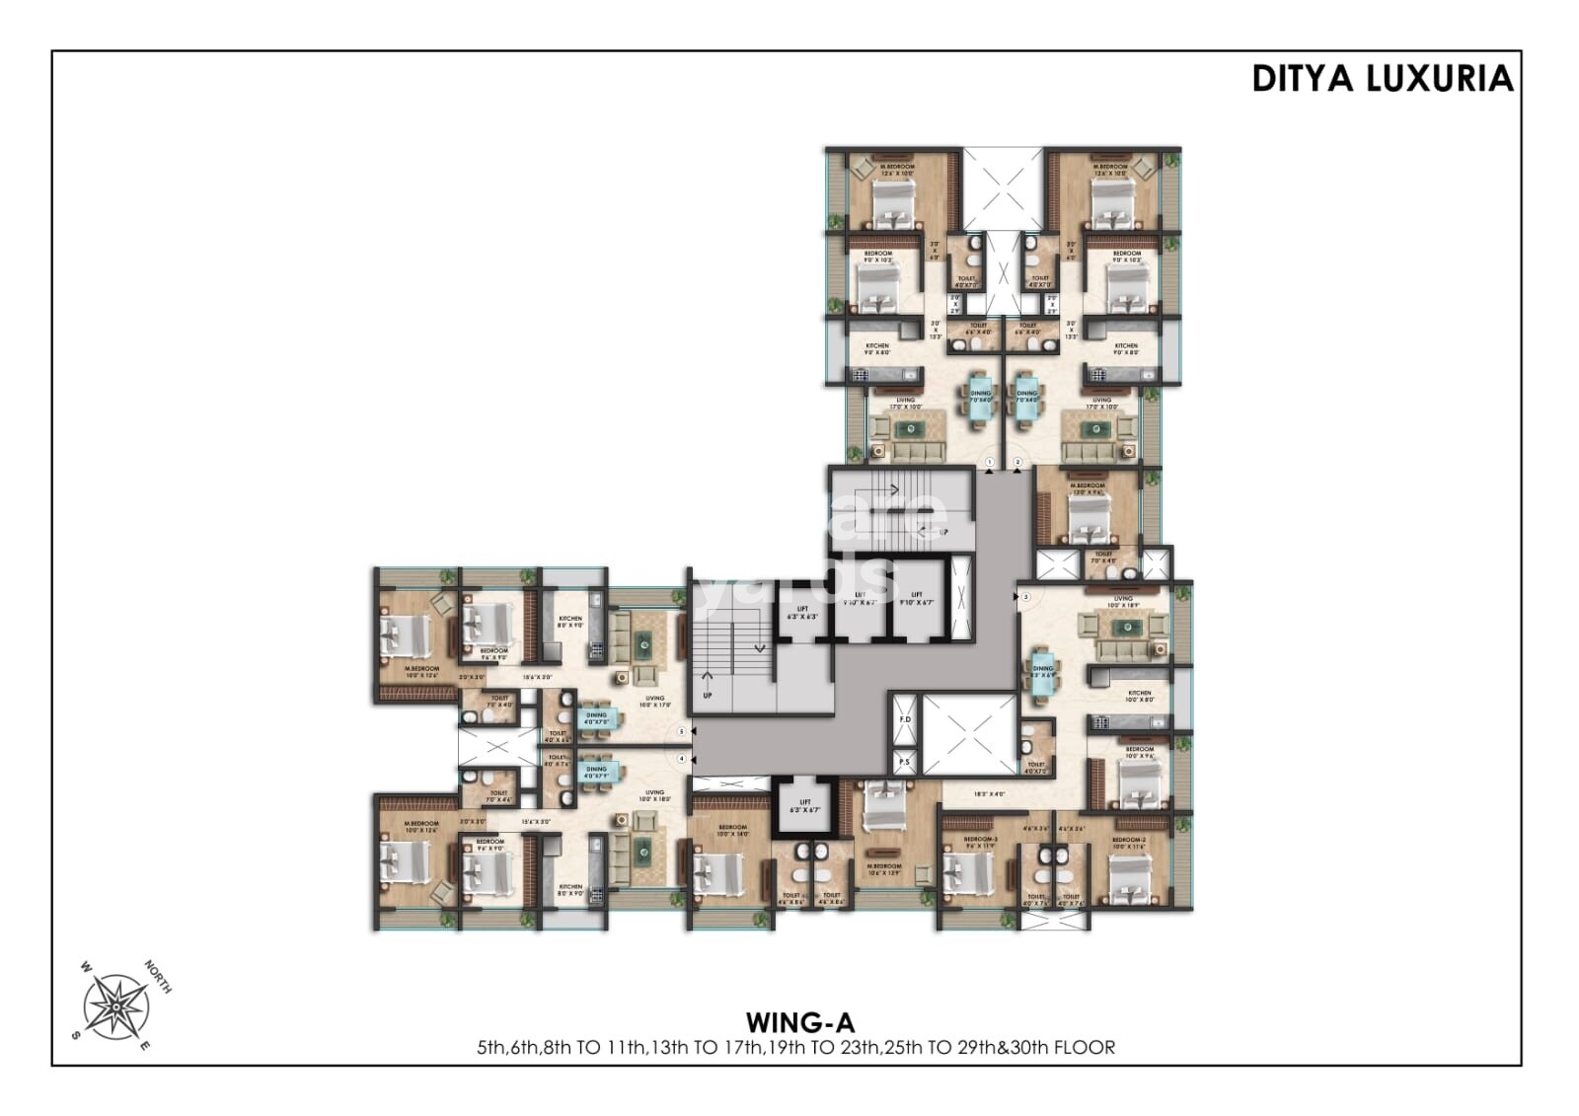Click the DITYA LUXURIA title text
pyautogui.click(x=1382, y=78)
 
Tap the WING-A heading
pyautogui.click(x=799, y=1020)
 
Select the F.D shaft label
pyautogui.click(x=904, y=719)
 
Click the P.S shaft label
pyautogui.click(x=904, y=762)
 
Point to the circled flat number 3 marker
pyautogui.click(x=1025, y=597)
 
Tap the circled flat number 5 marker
pyautogui.click(x=682, y=731)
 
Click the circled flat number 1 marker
pyautogui.click(x=990, y=462)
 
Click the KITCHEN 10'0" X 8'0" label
pyautogui.click(x=1139, y=697)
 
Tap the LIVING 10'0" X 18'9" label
pyautogui.click(x=1122, y=601)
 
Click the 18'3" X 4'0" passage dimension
pyautogui.click(x=988, y=793)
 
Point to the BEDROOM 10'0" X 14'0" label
pyautogui.click(x=732, y=831)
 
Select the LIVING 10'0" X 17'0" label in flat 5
pyautogui.click(x=654, y=702)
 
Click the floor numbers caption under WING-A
pyautogui.click(x=795, y=1048)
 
